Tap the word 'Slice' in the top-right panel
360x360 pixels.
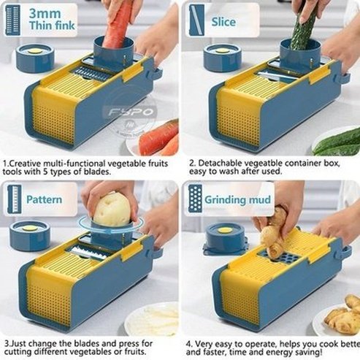point(223,22)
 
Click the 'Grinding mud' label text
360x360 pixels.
point(238,199)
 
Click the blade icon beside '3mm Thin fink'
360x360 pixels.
point(12,20)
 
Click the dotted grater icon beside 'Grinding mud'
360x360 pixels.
point(194,198)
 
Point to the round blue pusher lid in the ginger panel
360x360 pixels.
point(226,237)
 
